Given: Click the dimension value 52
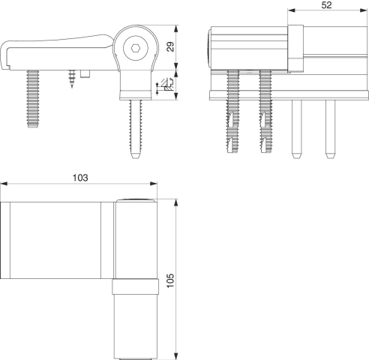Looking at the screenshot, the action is tap(326, 5).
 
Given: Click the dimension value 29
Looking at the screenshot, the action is tap(171, 46).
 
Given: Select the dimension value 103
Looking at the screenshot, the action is tap(80, 178).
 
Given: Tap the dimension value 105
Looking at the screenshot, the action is tap(170, 280).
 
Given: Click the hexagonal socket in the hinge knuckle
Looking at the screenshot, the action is tap(136, 48).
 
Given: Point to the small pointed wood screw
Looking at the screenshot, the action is tap(72, 79).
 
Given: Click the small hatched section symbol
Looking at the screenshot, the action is tap(167, 84).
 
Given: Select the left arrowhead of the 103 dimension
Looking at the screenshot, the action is tap(4, 184).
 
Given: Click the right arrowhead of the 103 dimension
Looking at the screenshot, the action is tap(153, 184).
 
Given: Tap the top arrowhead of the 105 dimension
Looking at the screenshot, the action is tap(176, 203).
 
